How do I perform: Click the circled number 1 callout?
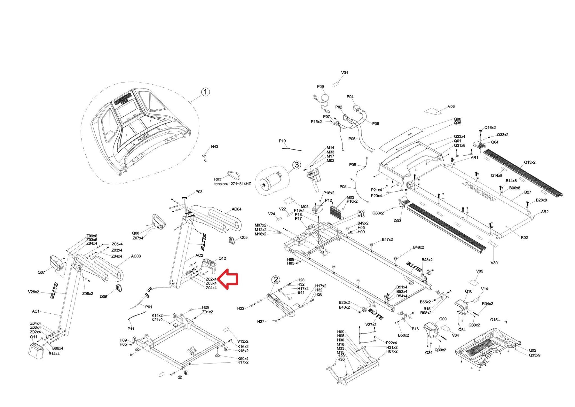point(206,92)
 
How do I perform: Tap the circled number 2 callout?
point(276,279)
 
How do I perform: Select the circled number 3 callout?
point(297,165)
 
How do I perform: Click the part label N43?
point(215,146)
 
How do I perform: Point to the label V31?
point(344,73)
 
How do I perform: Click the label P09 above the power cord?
point(320,87)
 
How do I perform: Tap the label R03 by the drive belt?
point(218,179)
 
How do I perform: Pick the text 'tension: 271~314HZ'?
point(232,184)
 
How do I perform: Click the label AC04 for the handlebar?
point(236,209)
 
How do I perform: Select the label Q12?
point(222,258)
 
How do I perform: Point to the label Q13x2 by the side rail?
point(530,162)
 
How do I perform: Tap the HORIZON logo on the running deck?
point(479,191)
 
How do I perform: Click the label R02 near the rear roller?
point(524,238)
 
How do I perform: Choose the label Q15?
point(494,320)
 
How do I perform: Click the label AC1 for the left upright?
point(36,311)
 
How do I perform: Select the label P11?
point(131,329)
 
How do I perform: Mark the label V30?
point(494,263)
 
